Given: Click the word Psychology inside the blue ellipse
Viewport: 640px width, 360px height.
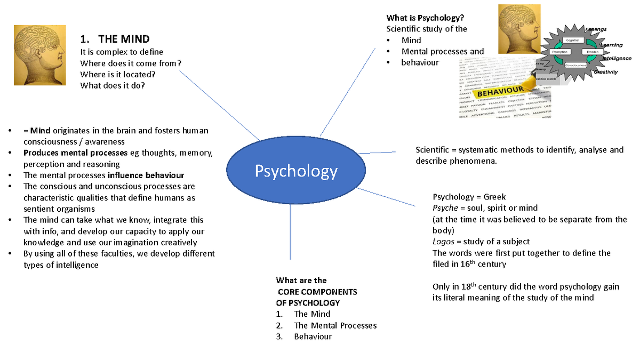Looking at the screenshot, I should [296, 171].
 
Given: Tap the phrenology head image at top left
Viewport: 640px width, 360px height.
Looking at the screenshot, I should [41, 55].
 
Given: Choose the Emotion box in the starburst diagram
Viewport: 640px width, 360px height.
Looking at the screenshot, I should [592, 52].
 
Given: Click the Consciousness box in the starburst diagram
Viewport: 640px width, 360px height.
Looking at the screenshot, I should [576, 65].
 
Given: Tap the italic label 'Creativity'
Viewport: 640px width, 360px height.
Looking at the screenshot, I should [606, 72].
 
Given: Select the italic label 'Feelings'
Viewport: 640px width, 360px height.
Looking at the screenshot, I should [596, 29].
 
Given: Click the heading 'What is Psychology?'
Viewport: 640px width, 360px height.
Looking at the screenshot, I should [421, 18].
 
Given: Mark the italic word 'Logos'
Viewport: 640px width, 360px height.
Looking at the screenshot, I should [443, 242].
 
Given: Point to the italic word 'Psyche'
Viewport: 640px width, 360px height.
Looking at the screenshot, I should [445, 208].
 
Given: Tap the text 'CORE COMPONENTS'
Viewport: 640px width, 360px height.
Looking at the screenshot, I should [318, 292].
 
